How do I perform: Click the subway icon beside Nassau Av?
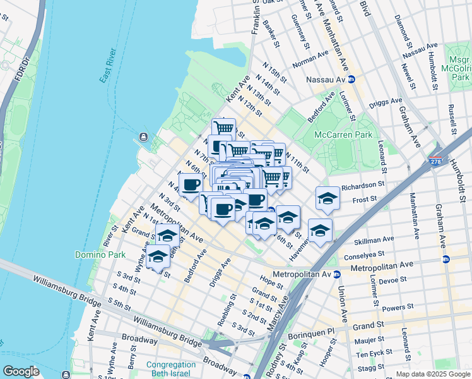352,80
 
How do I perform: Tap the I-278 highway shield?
435,162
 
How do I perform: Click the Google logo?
20,371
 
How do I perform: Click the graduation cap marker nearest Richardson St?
327,198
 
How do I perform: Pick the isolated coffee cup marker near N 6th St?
191,184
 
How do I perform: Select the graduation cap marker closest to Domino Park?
158,256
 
